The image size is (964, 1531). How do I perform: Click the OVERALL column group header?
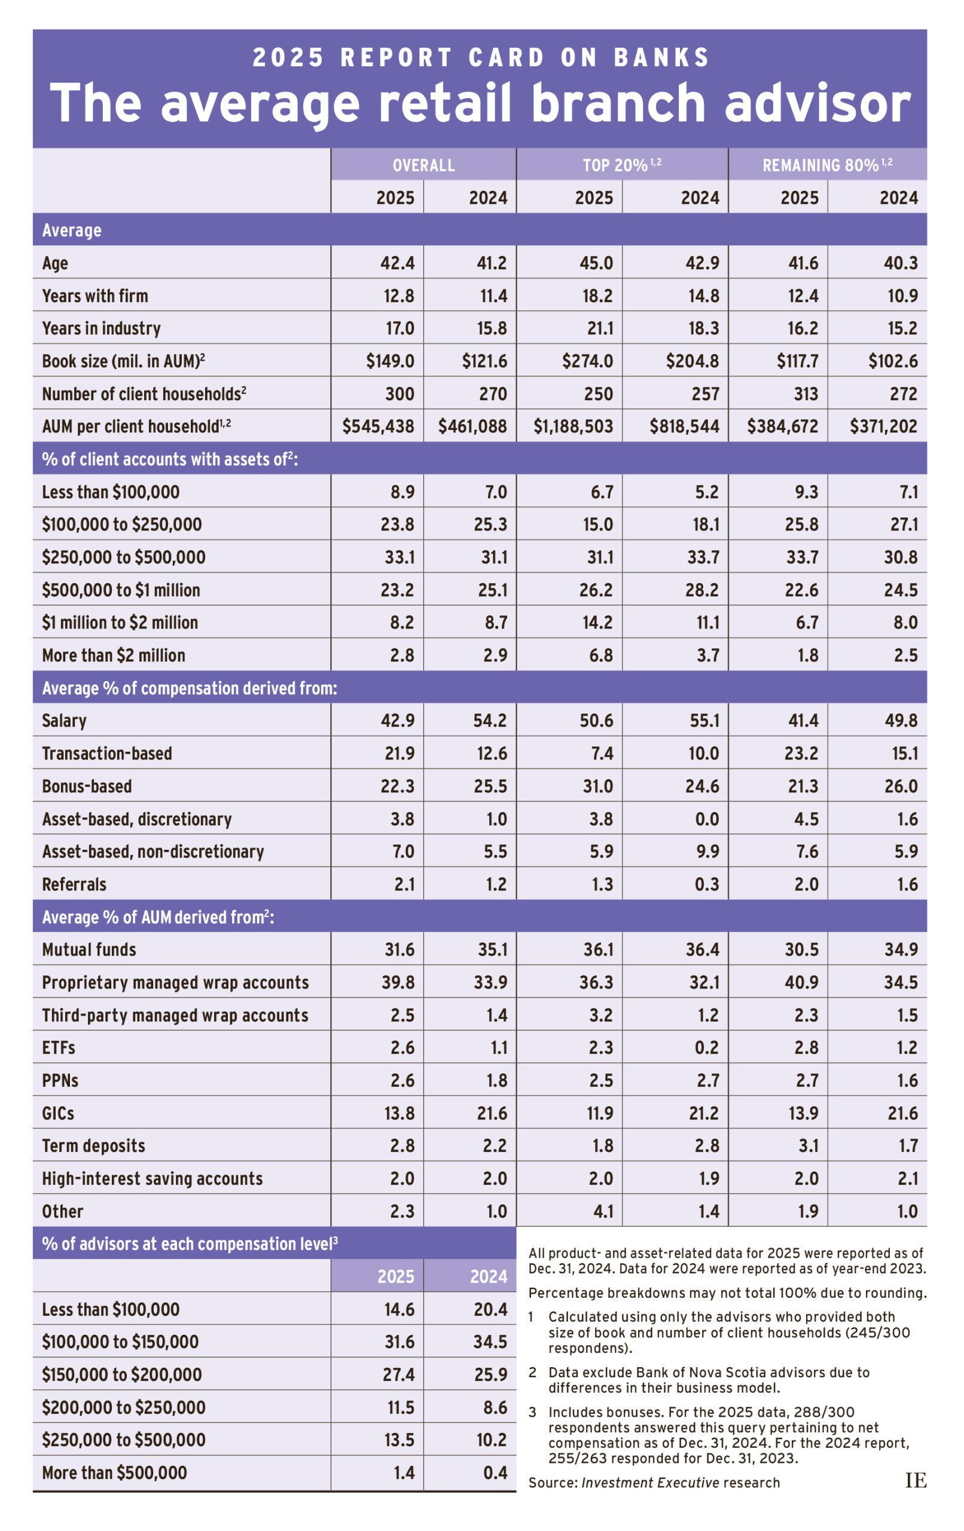[423, 165]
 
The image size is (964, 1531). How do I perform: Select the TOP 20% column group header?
[621, 165]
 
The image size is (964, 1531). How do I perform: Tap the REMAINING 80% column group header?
[826, 165]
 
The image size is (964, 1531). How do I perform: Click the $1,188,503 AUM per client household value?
[573, 426]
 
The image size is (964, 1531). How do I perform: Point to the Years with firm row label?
[94, 295]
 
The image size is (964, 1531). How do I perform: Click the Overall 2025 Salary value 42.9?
[398, 721]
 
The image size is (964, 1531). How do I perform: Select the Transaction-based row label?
[107, 754]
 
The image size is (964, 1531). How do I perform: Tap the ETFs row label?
[59, 1047]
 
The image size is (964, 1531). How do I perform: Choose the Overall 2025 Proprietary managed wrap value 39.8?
[398, 983]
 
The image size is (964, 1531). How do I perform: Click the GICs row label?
[58, 1112]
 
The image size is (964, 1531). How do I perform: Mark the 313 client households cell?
[805, 394]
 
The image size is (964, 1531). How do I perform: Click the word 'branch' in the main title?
[618, 103]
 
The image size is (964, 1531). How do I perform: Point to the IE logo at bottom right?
[915, 1481]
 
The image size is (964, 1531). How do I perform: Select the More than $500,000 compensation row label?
[114, 1472]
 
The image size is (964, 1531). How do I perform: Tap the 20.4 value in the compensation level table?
[490, 1309]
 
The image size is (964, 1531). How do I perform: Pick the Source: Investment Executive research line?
[654, 1483]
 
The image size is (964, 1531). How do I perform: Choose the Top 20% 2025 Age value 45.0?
[596, 263]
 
